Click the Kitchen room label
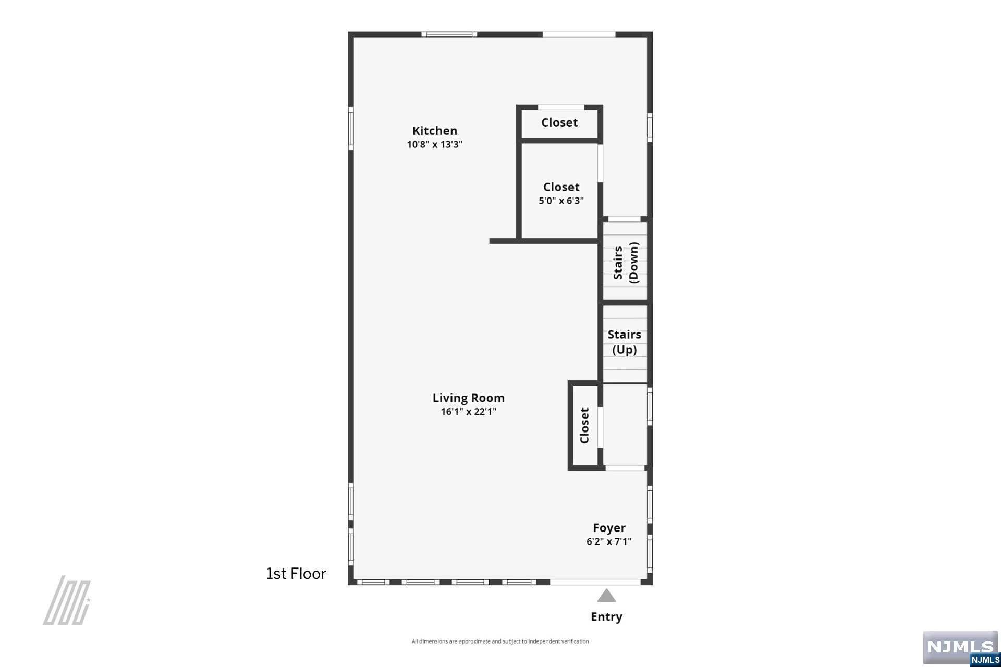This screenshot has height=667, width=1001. point(435,131)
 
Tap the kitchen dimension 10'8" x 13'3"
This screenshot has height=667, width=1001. point(435,145)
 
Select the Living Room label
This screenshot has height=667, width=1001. point(469,398)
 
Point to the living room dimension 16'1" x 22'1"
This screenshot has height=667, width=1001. point(469,412)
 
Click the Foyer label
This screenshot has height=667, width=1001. point(609,528)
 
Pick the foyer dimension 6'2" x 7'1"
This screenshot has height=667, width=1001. point(609,541)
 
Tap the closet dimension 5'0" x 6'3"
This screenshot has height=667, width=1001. point(561,201)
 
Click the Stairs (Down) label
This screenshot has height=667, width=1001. point(626,263)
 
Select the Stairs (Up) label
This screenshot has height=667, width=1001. point(625,342)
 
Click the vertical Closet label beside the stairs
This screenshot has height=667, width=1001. point(584,426)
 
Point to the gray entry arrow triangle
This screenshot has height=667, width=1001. point(606,595)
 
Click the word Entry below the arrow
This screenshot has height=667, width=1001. point(606,617)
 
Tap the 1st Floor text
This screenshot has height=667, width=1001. point(296,574)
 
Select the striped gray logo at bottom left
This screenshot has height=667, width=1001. point(67,600)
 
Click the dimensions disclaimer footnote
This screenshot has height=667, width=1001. point(500,641)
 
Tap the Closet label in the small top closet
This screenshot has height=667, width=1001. point(559,122)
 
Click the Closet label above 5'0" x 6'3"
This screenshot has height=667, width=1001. point(561,187)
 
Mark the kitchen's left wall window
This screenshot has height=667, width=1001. point(351,129)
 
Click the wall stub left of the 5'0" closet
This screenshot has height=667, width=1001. point(503,241)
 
